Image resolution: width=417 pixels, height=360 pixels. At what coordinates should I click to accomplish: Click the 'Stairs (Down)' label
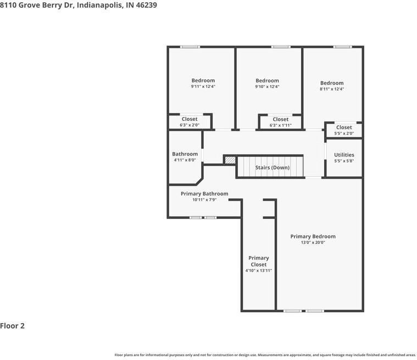click(x=272, y=168)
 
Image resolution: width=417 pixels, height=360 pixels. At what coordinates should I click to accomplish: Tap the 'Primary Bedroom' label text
click(x=313, y=236)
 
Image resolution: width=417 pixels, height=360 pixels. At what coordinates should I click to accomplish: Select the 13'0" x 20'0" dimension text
click(x=313, y=242)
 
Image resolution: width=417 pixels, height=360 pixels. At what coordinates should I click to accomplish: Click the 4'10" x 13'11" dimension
click(x=259, y=270)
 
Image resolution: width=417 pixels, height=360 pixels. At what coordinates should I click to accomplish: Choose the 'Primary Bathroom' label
click(x=204, y=193)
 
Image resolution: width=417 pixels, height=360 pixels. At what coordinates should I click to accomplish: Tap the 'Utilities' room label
click(x=344, y=155)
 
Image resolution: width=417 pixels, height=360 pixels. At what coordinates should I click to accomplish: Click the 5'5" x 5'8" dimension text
click(x=344, y=161)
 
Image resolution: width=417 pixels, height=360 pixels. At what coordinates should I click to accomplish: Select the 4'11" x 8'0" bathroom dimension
click(x=185, y=160)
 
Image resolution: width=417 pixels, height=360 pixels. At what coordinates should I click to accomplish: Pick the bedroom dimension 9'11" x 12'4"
click(x=203, y=86)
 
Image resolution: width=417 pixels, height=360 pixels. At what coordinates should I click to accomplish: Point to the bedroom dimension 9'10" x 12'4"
click(x=267, y=86)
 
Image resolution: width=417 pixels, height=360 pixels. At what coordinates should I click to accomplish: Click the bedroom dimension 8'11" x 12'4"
click(x=332, y=89)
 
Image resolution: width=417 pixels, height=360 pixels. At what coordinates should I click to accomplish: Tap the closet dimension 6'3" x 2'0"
click(x=190, y=125)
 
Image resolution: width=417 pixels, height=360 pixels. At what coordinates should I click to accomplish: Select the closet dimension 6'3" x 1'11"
click(x=280, y=125)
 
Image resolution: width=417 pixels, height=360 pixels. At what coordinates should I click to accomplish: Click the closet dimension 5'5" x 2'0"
click(x=344, y=133)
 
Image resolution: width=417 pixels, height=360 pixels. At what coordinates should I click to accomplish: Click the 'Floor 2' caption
click(x=13, y=326)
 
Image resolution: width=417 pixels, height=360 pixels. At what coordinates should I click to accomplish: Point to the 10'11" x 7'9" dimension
click(x=204, y=200)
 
